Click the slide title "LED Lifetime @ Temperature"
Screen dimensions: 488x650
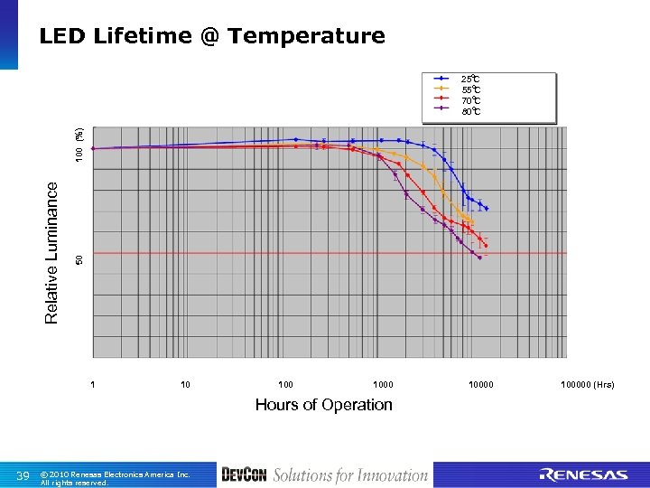212,36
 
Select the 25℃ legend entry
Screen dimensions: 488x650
470,79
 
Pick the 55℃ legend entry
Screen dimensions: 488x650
470,89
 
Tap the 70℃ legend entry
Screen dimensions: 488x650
470,100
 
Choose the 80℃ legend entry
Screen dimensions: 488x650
470,111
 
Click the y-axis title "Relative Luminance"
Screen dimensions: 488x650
51,251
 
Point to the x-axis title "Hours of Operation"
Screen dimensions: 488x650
323,405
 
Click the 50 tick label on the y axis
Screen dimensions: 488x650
79,259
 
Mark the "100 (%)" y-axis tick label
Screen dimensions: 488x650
79,145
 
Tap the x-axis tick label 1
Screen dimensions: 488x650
93,385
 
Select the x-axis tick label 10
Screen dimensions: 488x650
185,385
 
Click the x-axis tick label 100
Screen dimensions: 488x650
286,385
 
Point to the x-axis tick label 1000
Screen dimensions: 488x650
383,385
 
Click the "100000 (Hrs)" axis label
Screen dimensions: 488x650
587,385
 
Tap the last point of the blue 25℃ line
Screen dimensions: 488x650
487,209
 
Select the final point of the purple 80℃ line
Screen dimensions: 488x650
479,258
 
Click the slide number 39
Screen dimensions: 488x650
23,476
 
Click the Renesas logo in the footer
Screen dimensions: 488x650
582,475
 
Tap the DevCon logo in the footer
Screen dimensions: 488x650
244,475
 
